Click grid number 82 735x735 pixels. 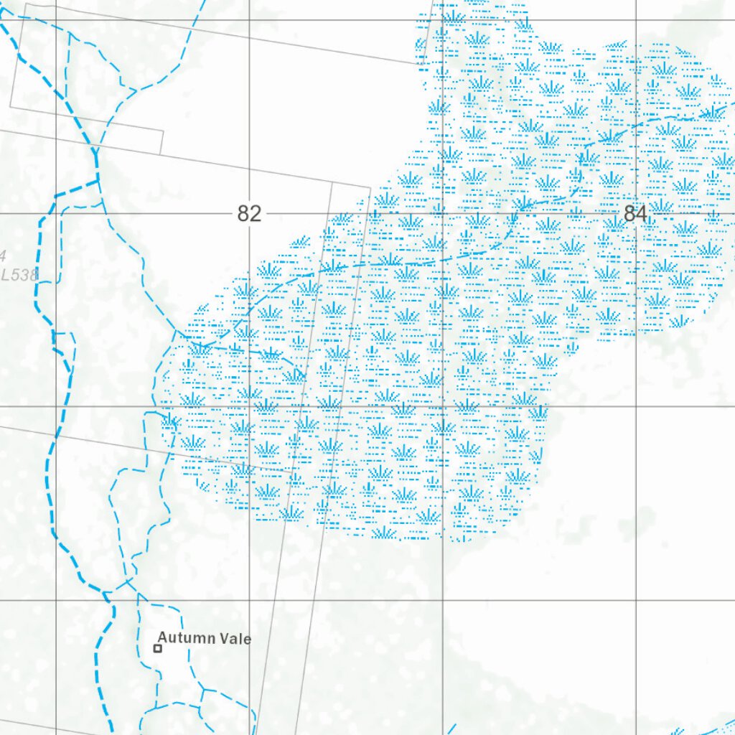pos(249,214)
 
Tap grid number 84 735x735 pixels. pos(635,214)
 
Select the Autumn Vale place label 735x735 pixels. pos(205,637)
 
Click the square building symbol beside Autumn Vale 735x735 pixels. pos(158,648)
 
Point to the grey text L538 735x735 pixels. pos(19,274)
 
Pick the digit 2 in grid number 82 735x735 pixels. pos(255,214)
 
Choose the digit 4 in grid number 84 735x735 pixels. pos(642,214)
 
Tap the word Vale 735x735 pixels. pos(234,637)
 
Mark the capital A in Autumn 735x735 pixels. pos(163,637)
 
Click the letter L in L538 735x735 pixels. pos(6,274)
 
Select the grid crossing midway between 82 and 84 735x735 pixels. pos(442,213)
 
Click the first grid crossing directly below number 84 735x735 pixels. pos(636,406)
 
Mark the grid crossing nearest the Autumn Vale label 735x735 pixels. pos(249,600)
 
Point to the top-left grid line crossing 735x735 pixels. pos(56,20)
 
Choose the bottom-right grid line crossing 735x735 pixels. pos(636,600)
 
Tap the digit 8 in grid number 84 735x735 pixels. pos(629,214)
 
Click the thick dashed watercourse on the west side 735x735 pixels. pos(49,459)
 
